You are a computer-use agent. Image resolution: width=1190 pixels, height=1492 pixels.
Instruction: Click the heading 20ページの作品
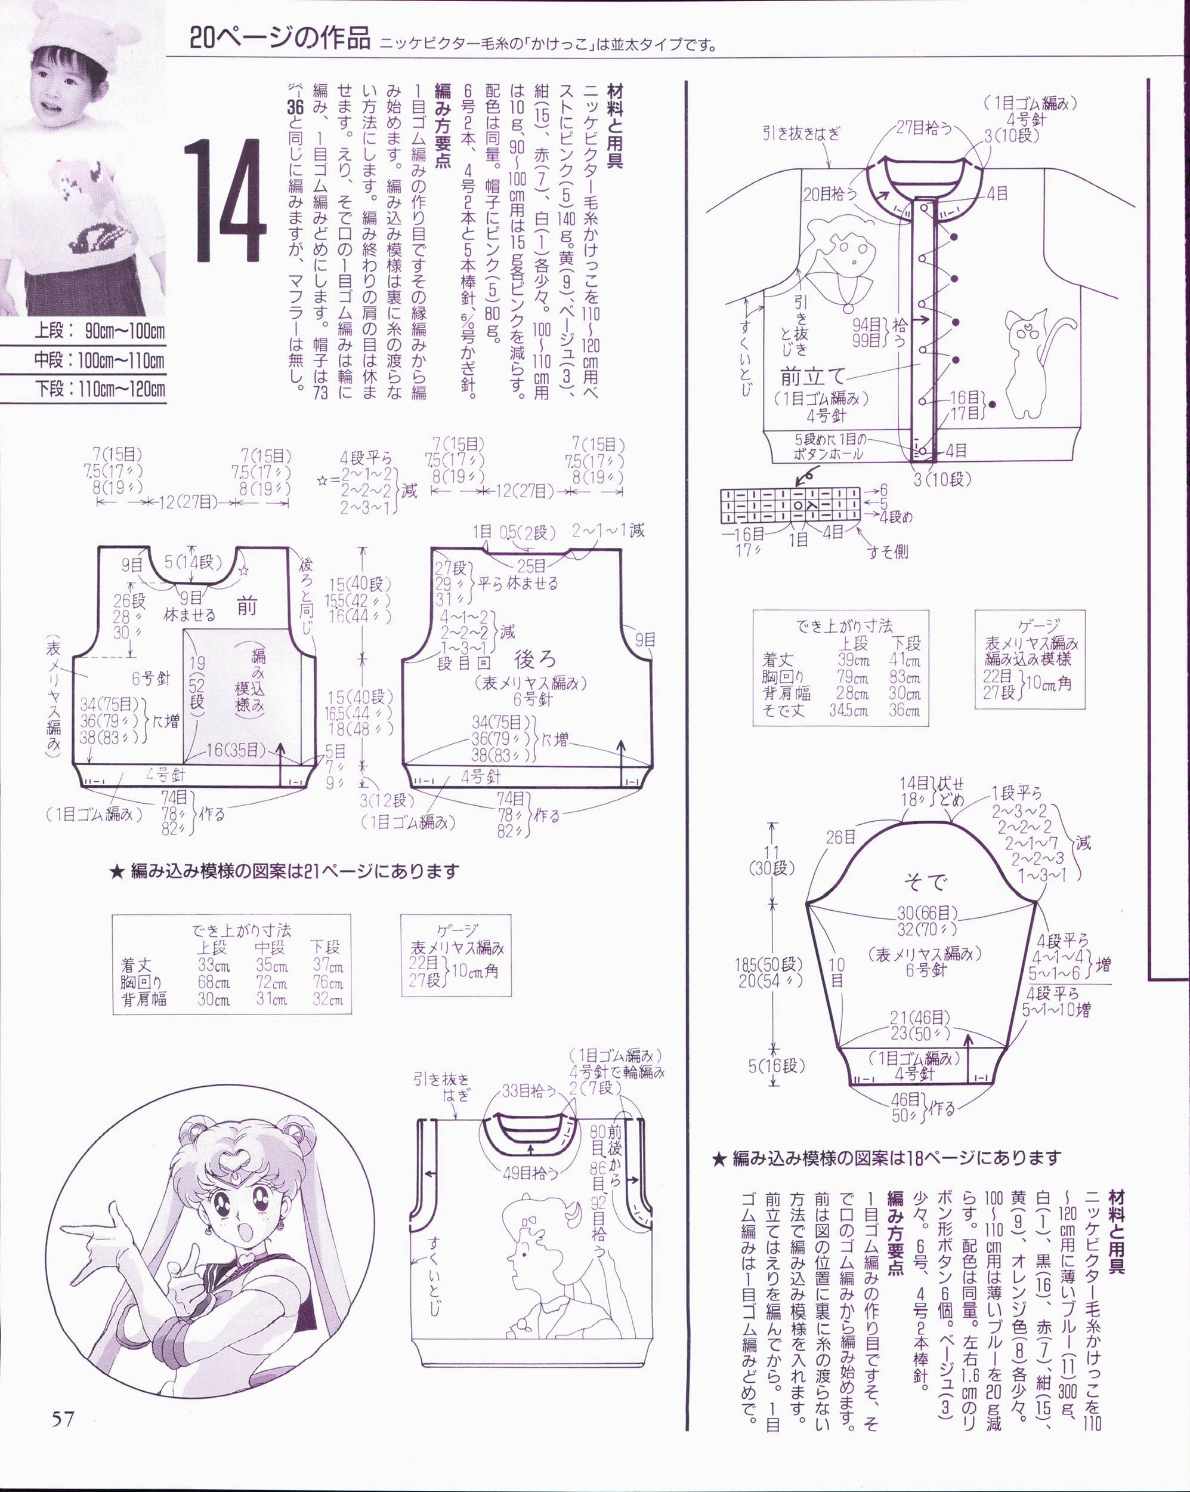(x=280, y=39)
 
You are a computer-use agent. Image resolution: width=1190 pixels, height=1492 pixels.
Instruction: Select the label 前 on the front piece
(x=247, y=606)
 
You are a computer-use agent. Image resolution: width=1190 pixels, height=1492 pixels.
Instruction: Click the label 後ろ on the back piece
(x=535, y=659)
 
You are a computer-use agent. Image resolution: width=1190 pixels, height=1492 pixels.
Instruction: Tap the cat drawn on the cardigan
(x=1038, y=363)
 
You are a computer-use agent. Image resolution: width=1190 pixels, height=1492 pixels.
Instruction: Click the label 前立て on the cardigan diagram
(x=812, y=377)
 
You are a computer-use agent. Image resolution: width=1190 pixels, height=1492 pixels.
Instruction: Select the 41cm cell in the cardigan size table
(x=904, y=660)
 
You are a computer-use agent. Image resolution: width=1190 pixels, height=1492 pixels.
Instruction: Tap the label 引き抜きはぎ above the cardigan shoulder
(x=800, y=133)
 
